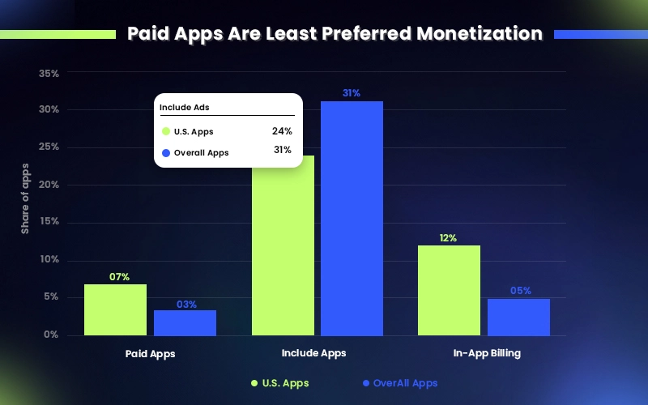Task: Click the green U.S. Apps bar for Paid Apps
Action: point(115,309)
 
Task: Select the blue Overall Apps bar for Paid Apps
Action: point(185,322)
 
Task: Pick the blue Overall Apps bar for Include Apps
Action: point(352,219)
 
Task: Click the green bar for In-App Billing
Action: point(449,290)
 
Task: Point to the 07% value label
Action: point(120,277)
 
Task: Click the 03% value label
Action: point(187,304)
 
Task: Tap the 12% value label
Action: point(448,238)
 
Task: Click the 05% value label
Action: point(520,291)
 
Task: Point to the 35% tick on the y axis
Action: point(49,74)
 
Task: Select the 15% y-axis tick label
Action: point(49,222)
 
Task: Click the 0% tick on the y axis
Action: point(52,335)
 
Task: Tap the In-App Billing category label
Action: point(486,353)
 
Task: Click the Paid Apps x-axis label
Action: point(150,353)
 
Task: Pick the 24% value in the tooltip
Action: point(282,130)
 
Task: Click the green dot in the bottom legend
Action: point(254,383)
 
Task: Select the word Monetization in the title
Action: point(479,34)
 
